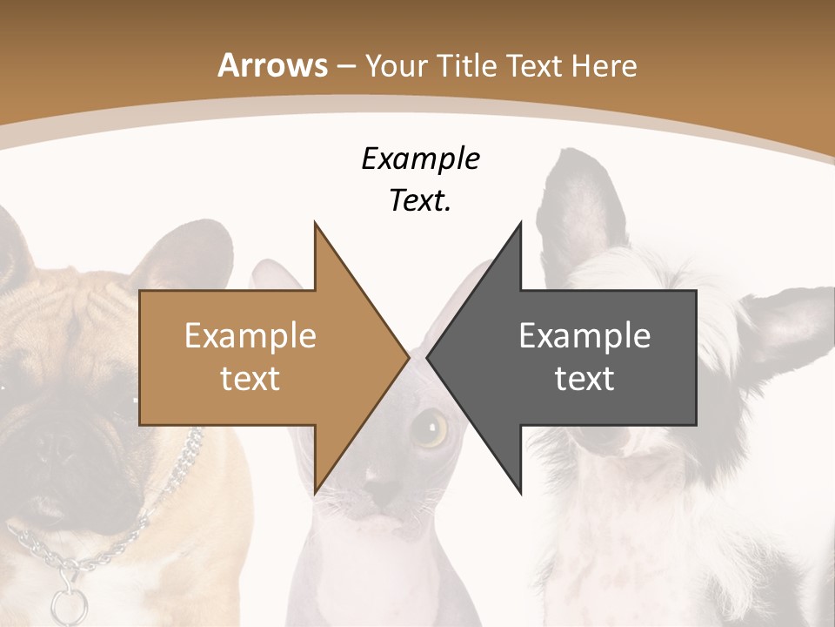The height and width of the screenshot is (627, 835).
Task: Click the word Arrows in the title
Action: (x=273, y=65)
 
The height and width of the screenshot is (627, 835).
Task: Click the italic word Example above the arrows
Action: (x=421, y=158)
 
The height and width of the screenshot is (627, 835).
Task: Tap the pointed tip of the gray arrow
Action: (x=430, y=357)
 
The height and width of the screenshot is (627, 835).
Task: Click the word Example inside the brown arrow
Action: (x=250, y=335)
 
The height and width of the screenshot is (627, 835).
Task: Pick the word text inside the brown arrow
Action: (x=250, y=379)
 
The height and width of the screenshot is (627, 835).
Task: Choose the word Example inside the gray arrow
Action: (x=584, y=335)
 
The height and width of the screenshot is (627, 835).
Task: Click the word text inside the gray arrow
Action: (x=584, y=379)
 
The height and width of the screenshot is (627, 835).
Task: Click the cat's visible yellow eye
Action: (x=429, y=428)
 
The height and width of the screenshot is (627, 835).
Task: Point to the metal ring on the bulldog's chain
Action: (x=64, y=602)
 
